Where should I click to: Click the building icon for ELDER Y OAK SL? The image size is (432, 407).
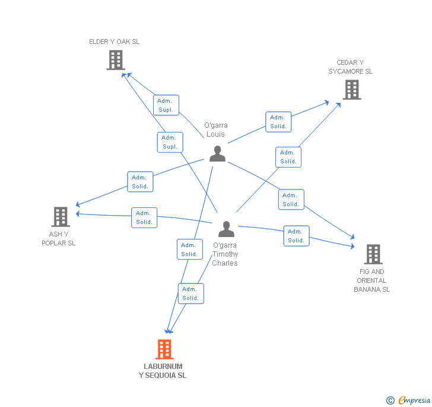pyautogui.click(x=116, y=60)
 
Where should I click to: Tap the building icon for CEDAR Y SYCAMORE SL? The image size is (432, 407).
pyautogui.click(x=352, y=90)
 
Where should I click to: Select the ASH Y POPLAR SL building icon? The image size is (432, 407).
pyautogui.click(x=61, y=217)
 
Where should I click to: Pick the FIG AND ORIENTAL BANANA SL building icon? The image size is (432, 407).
pyautogui.click(x=373, y=254)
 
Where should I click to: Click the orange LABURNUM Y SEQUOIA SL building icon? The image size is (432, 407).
pyautogui.click(x=164, y=349)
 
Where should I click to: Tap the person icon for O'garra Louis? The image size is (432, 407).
pyautogui.click(x=217, y=153)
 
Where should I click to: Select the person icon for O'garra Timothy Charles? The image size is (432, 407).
pyautogui.click(x=226, y=229)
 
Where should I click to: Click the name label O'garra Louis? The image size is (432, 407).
pyautogui.click(x=216, y=130)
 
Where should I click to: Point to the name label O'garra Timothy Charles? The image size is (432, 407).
pyautogui.click(x=225, y=254)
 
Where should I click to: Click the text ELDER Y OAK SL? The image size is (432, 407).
pyautogui.click(x=115, y=42)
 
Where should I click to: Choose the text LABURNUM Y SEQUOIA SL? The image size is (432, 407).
pyautogui.click(x=163, y=371)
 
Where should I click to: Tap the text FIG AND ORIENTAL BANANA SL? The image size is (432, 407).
pyautogui.click(x=372, y=280)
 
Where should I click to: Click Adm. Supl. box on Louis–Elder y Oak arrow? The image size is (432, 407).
pyautogui.click(x=165, y=105)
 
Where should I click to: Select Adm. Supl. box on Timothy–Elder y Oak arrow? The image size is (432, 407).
pyautogui.click(x=170, y=143)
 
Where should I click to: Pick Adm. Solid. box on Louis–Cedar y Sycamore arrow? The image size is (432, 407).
pyautogui.click(x=278, y=122)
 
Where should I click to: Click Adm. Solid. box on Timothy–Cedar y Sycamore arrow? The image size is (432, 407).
pyautogui.click(x=288, y=157)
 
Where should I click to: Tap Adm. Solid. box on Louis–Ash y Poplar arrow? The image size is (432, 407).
pyautogui.click(x=140, y=182)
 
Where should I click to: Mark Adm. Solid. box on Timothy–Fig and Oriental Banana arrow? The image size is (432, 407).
pyautogui.click(x=296, y=236)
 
